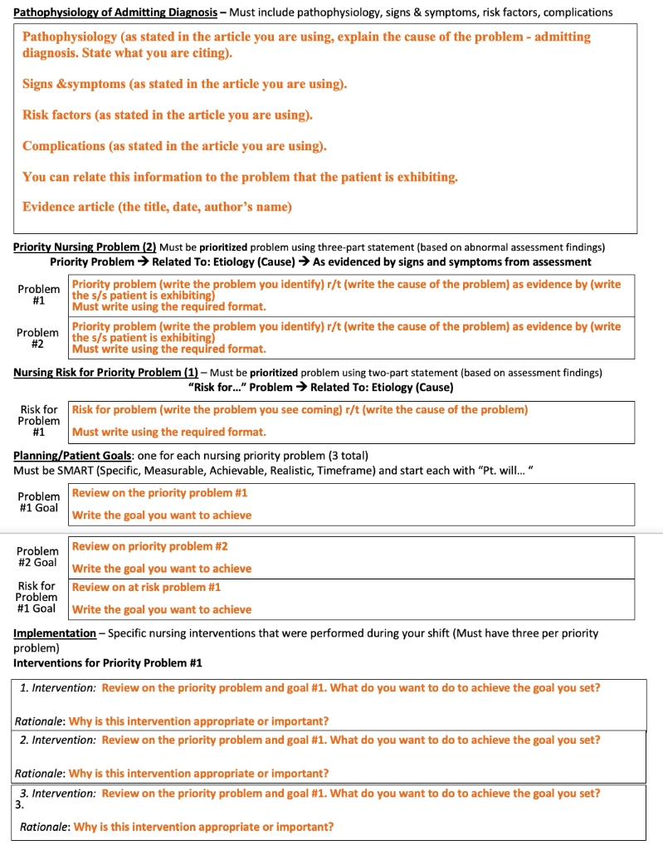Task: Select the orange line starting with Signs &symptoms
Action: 184,85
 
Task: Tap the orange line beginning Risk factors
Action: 167,115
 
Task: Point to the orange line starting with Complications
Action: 174,146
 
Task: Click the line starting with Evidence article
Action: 157,208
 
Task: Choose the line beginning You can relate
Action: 240,177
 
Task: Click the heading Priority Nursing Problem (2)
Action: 85,247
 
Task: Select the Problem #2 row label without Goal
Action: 38,338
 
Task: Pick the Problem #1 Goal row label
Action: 38,502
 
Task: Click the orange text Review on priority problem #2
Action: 149,546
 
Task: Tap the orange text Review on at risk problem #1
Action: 146,587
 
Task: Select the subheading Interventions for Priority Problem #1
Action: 108,663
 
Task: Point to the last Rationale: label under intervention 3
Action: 45,827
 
